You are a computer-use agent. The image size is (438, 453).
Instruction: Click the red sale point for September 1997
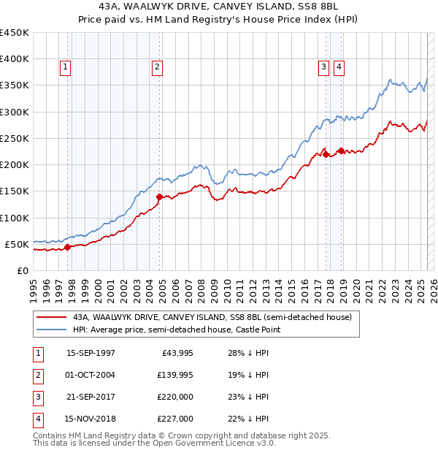coord(68,247)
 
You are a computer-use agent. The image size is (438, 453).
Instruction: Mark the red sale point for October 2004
coord(159,196)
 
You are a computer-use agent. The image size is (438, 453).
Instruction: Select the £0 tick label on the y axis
coord(22,270)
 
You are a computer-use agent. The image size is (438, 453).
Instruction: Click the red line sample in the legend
coord(51,317)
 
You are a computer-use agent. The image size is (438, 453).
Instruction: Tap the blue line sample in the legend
coord(51,330)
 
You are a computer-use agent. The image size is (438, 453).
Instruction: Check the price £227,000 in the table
coord(176,419)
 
